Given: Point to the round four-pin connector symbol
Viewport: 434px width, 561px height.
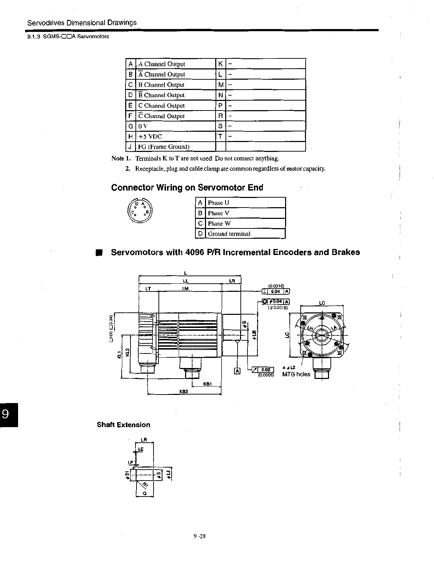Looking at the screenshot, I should click(140, 211).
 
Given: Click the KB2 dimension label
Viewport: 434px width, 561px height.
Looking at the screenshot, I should click(183, 392).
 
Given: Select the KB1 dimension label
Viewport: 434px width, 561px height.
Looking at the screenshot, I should click(207, 384).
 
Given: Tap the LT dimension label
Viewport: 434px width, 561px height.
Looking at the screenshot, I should click(148, 289).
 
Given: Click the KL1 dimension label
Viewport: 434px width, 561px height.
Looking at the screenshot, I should click(119, 354).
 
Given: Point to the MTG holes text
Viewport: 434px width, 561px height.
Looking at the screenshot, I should click(296, 374).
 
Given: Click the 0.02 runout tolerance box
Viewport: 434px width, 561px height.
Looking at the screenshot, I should click(266, 370).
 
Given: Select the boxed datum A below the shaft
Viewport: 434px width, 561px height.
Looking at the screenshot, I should click(237, 371).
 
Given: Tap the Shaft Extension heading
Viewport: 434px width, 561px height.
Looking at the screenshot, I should click(123, 425).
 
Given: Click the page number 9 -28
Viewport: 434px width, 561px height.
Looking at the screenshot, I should click(200, 536).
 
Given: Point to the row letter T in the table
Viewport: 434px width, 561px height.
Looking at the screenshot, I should click(221, 137).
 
